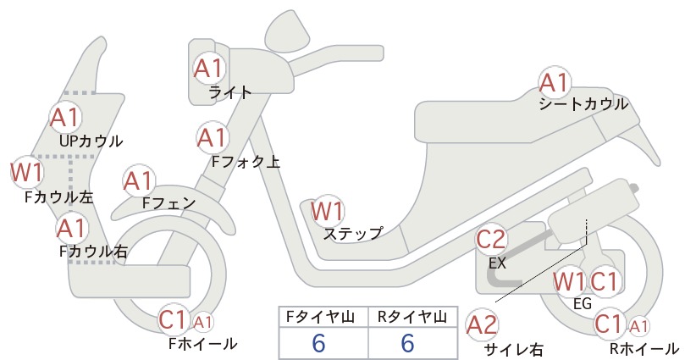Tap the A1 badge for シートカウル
tap(555, 82)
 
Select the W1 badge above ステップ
tap(327, 210)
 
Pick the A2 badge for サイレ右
tap(483, 323)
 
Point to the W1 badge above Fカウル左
tap(26, 173)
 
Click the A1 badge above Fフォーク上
tap(212, 136)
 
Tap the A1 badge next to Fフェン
tap(138, 181)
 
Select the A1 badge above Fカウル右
tap(72, 228)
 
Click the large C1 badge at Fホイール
tap(174, 320)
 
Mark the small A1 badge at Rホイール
tap(639, 326)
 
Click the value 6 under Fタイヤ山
tap(318, 343)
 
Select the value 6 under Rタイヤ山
tap(407, 343)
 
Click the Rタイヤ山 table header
tap(412, 318)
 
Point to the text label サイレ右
tap(514, 348)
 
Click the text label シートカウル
tap(583, 104)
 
